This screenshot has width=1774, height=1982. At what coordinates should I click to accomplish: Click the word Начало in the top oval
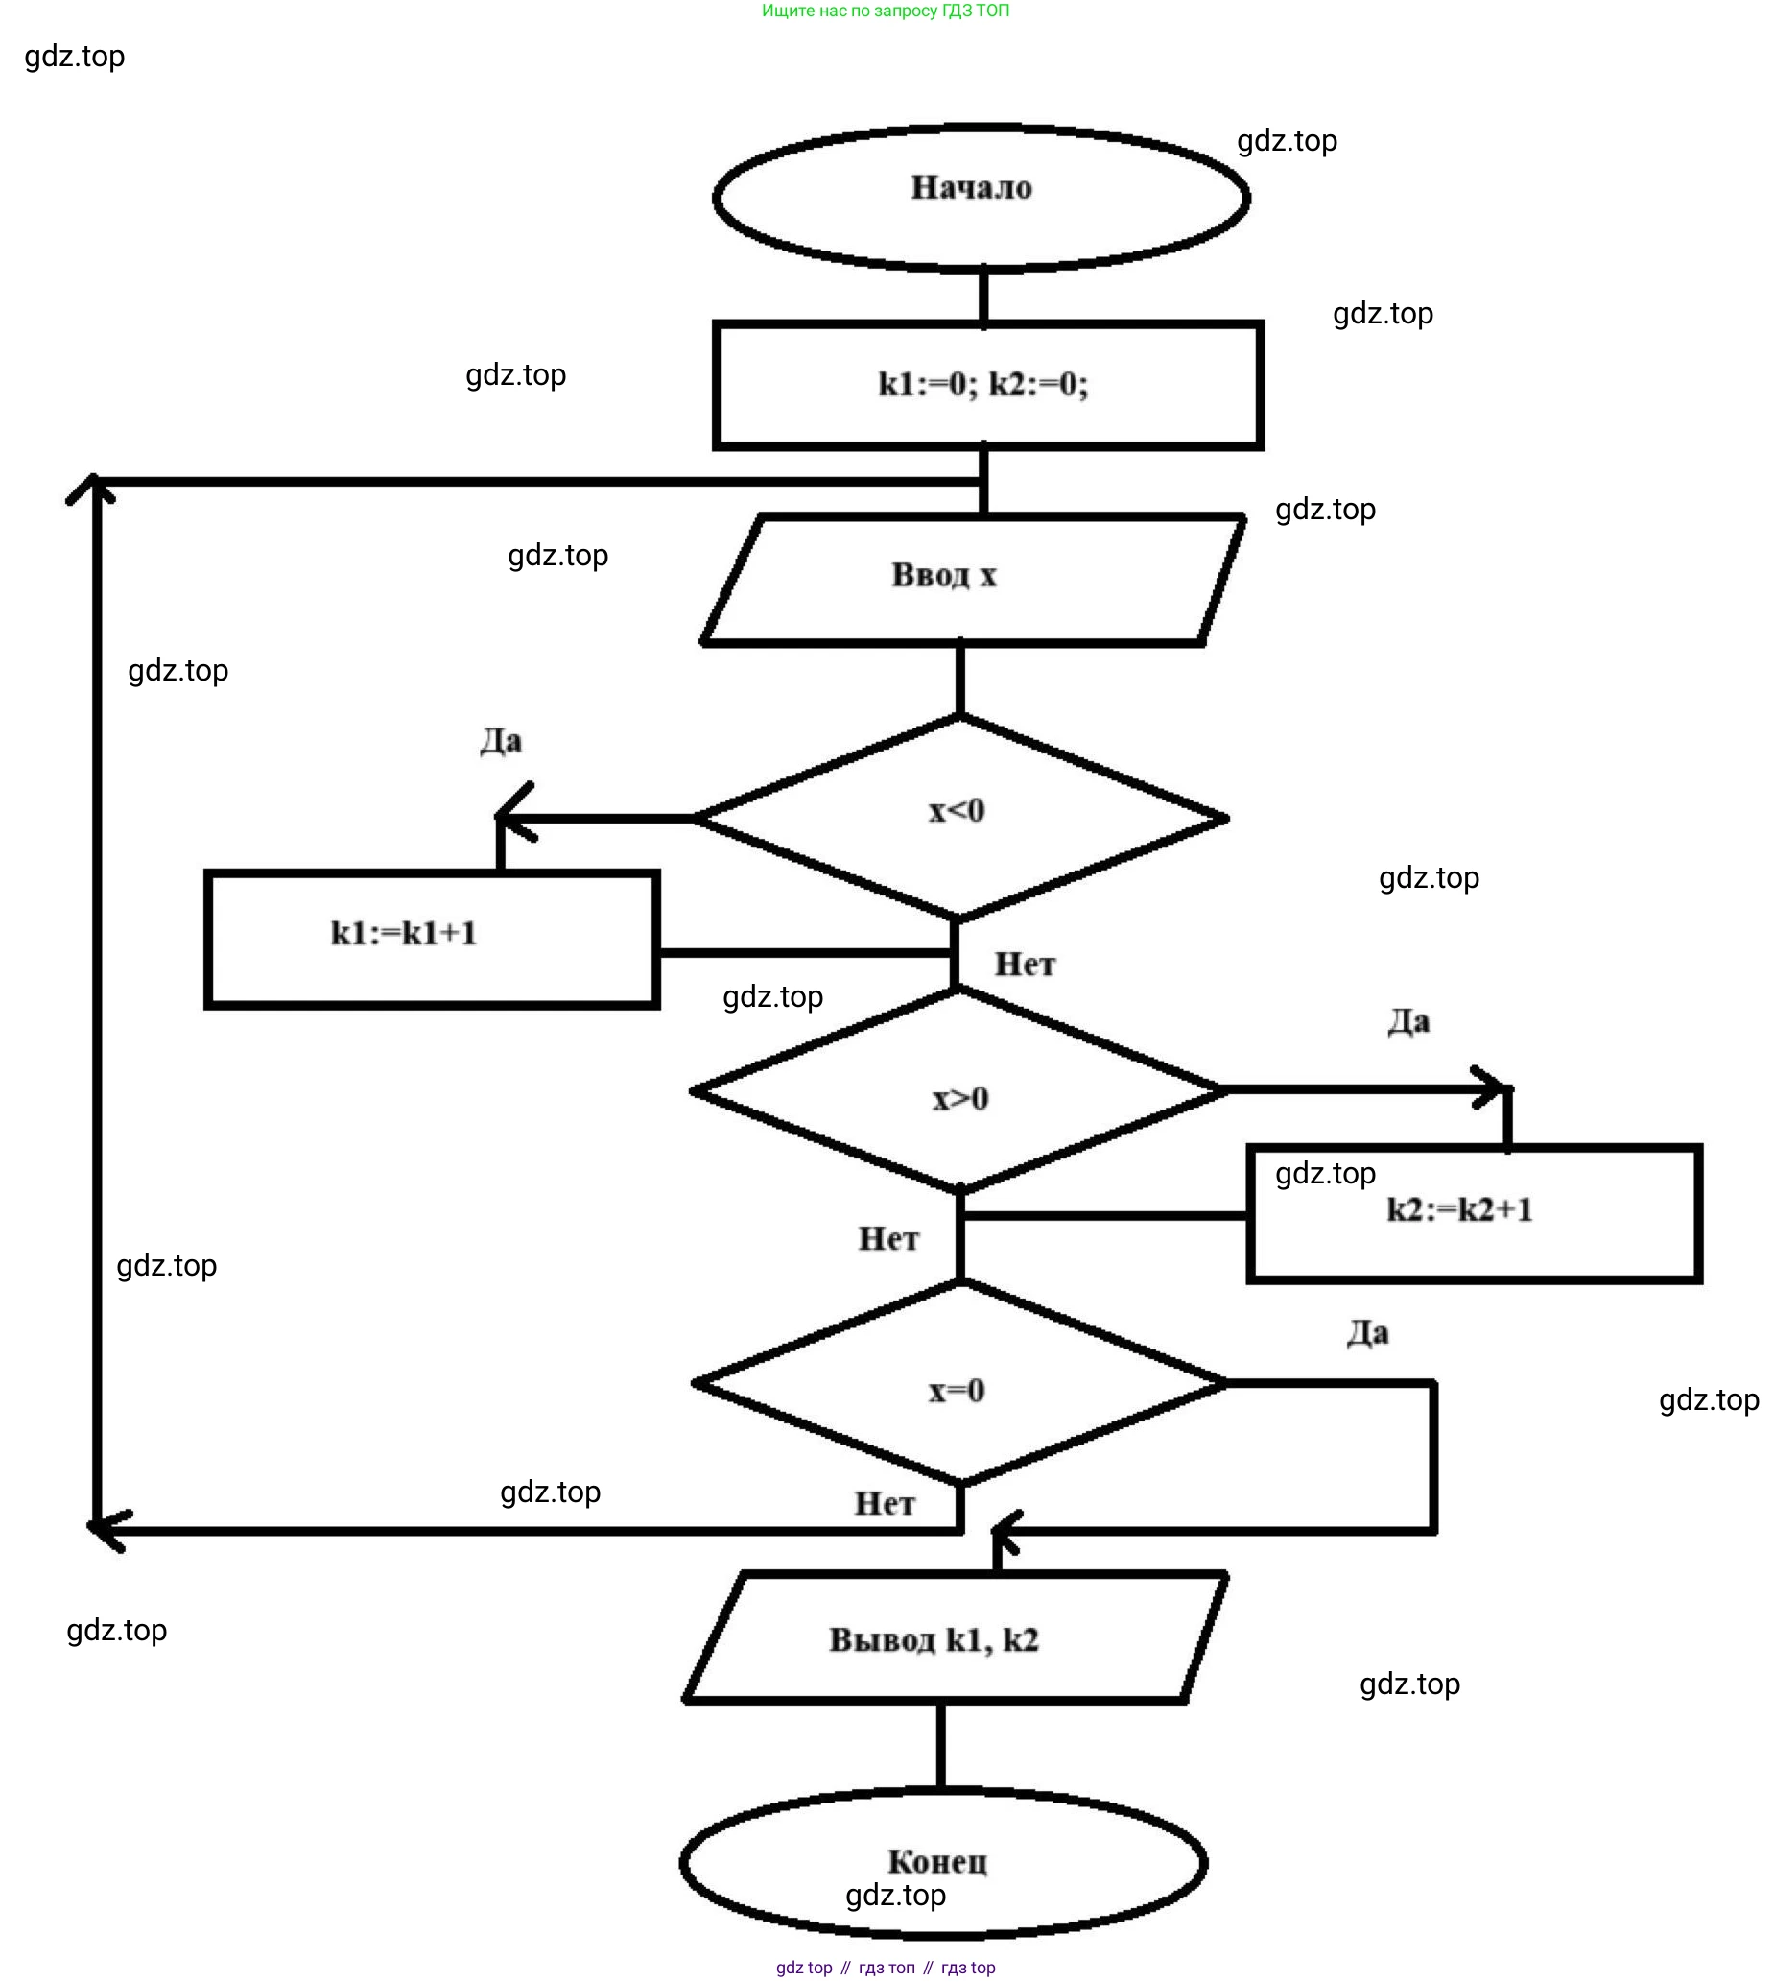click(971, 187)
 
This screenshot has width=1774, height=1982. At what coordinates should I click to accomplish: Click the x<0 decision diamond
click(959, 817)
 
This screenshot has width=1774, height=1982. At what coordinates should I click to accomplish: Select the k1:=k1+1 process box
click(432, 939)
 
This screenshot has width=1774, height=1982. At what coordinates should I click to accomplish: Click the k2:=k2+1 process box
click(1474, 1214)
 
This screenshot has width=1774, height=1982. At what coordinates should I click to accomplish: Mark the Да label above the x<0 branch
click(501, 741)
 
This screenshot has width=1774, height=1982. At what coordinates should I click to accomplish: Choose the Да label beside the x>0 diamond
click(1407, 1021)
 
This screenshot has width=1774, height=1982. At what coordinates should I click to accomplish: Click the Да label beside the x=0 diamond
click(1366, 1333)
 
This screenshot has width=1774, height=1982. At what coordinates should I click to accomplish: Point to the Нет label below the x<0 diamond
click(1025, 965)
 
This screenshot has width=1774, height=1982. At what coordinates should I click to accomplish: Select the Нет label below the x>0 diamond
click(888, 1239)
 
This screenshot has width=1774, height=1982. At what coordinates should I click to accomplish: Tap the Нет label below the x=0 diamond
click(884, 1503)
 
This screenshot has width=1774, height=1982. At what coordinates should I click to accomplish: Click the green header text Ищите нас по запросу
click(885, 11)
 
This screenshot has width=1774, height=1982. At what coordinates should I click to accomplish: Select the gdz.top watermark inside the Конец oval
click(895, 1895)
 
